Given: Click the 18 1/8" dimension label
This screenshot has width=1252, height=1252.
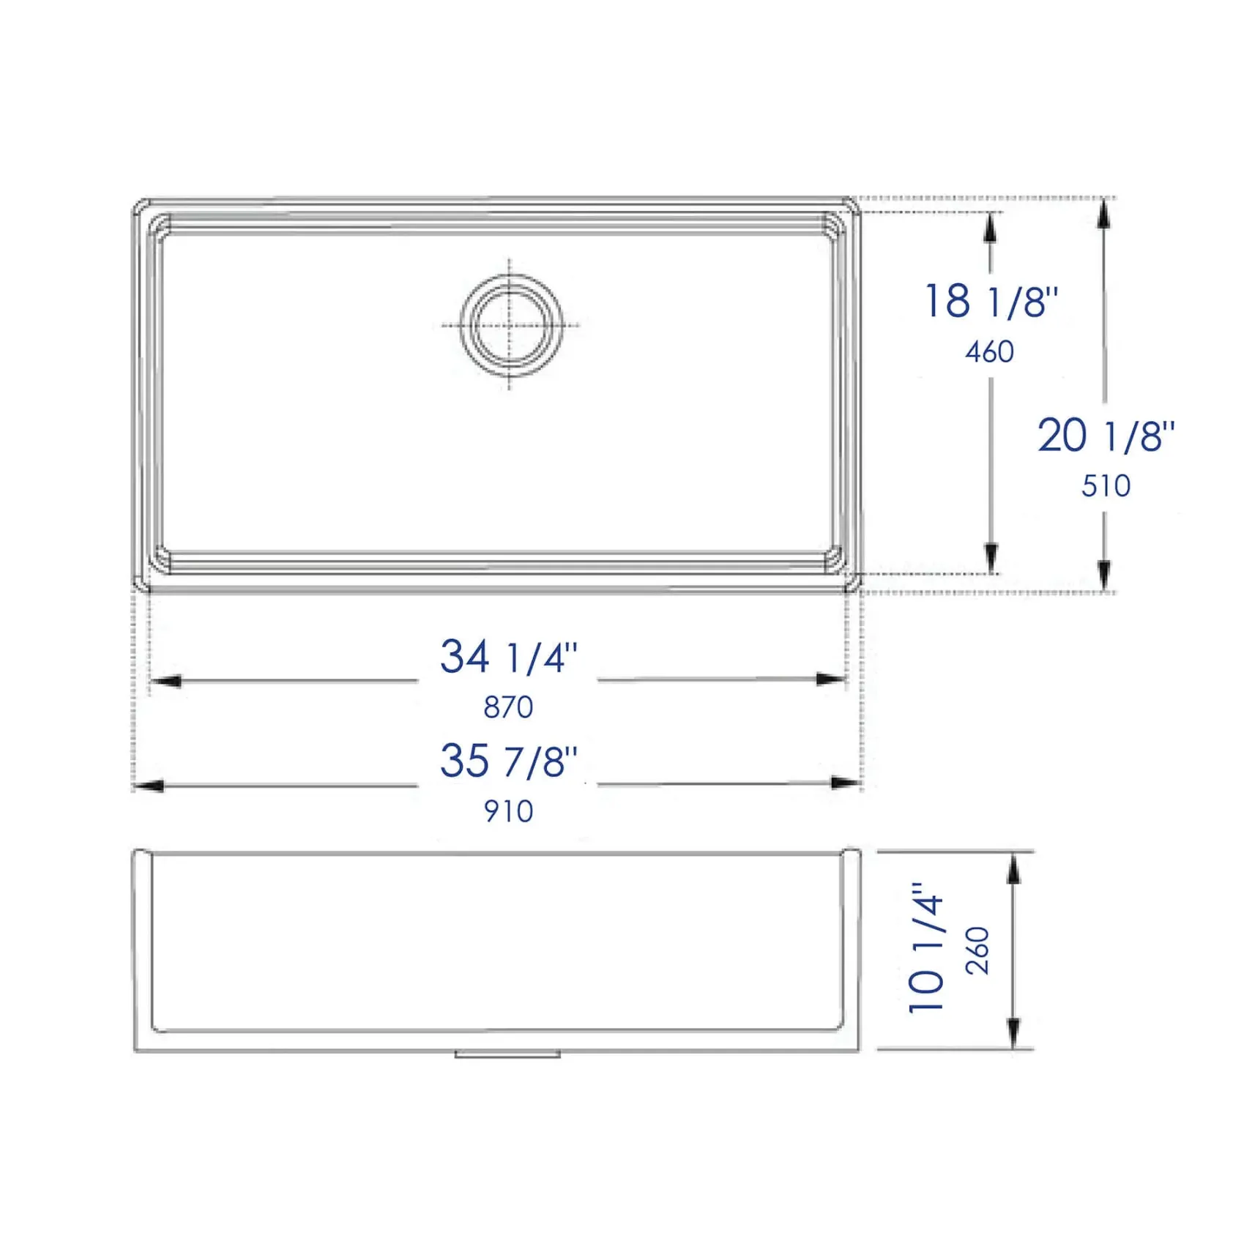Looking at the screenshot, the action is pos(991,301).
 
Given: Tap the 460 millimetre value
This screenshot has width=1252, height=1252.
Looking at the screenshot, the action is pos(989,352).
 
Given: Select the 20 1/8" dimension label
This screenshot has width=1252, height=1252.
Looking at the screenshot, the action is pos(1106,436).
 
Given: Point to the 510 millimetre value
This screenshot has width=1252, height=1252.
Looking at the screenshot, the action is pos(1106,486).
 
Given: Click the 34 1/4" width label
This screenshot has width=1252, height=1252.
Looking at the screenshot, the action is pos(508,656).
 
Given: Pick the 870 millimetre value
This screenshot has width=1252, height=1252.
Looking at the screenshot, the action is pos(508,707).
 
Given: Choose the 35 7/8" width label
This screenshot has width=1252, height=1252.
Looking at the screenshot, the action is pos(508,761).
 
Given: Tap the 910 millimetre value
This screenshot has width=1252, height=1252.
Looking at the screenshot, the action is pos(508,811).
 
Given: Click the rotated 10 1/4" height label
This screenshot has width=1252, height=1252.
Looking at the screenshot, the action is pos(925,948).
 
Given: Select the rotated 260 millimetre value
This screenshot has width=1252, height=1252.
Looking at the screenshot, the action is pos(977,950).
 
